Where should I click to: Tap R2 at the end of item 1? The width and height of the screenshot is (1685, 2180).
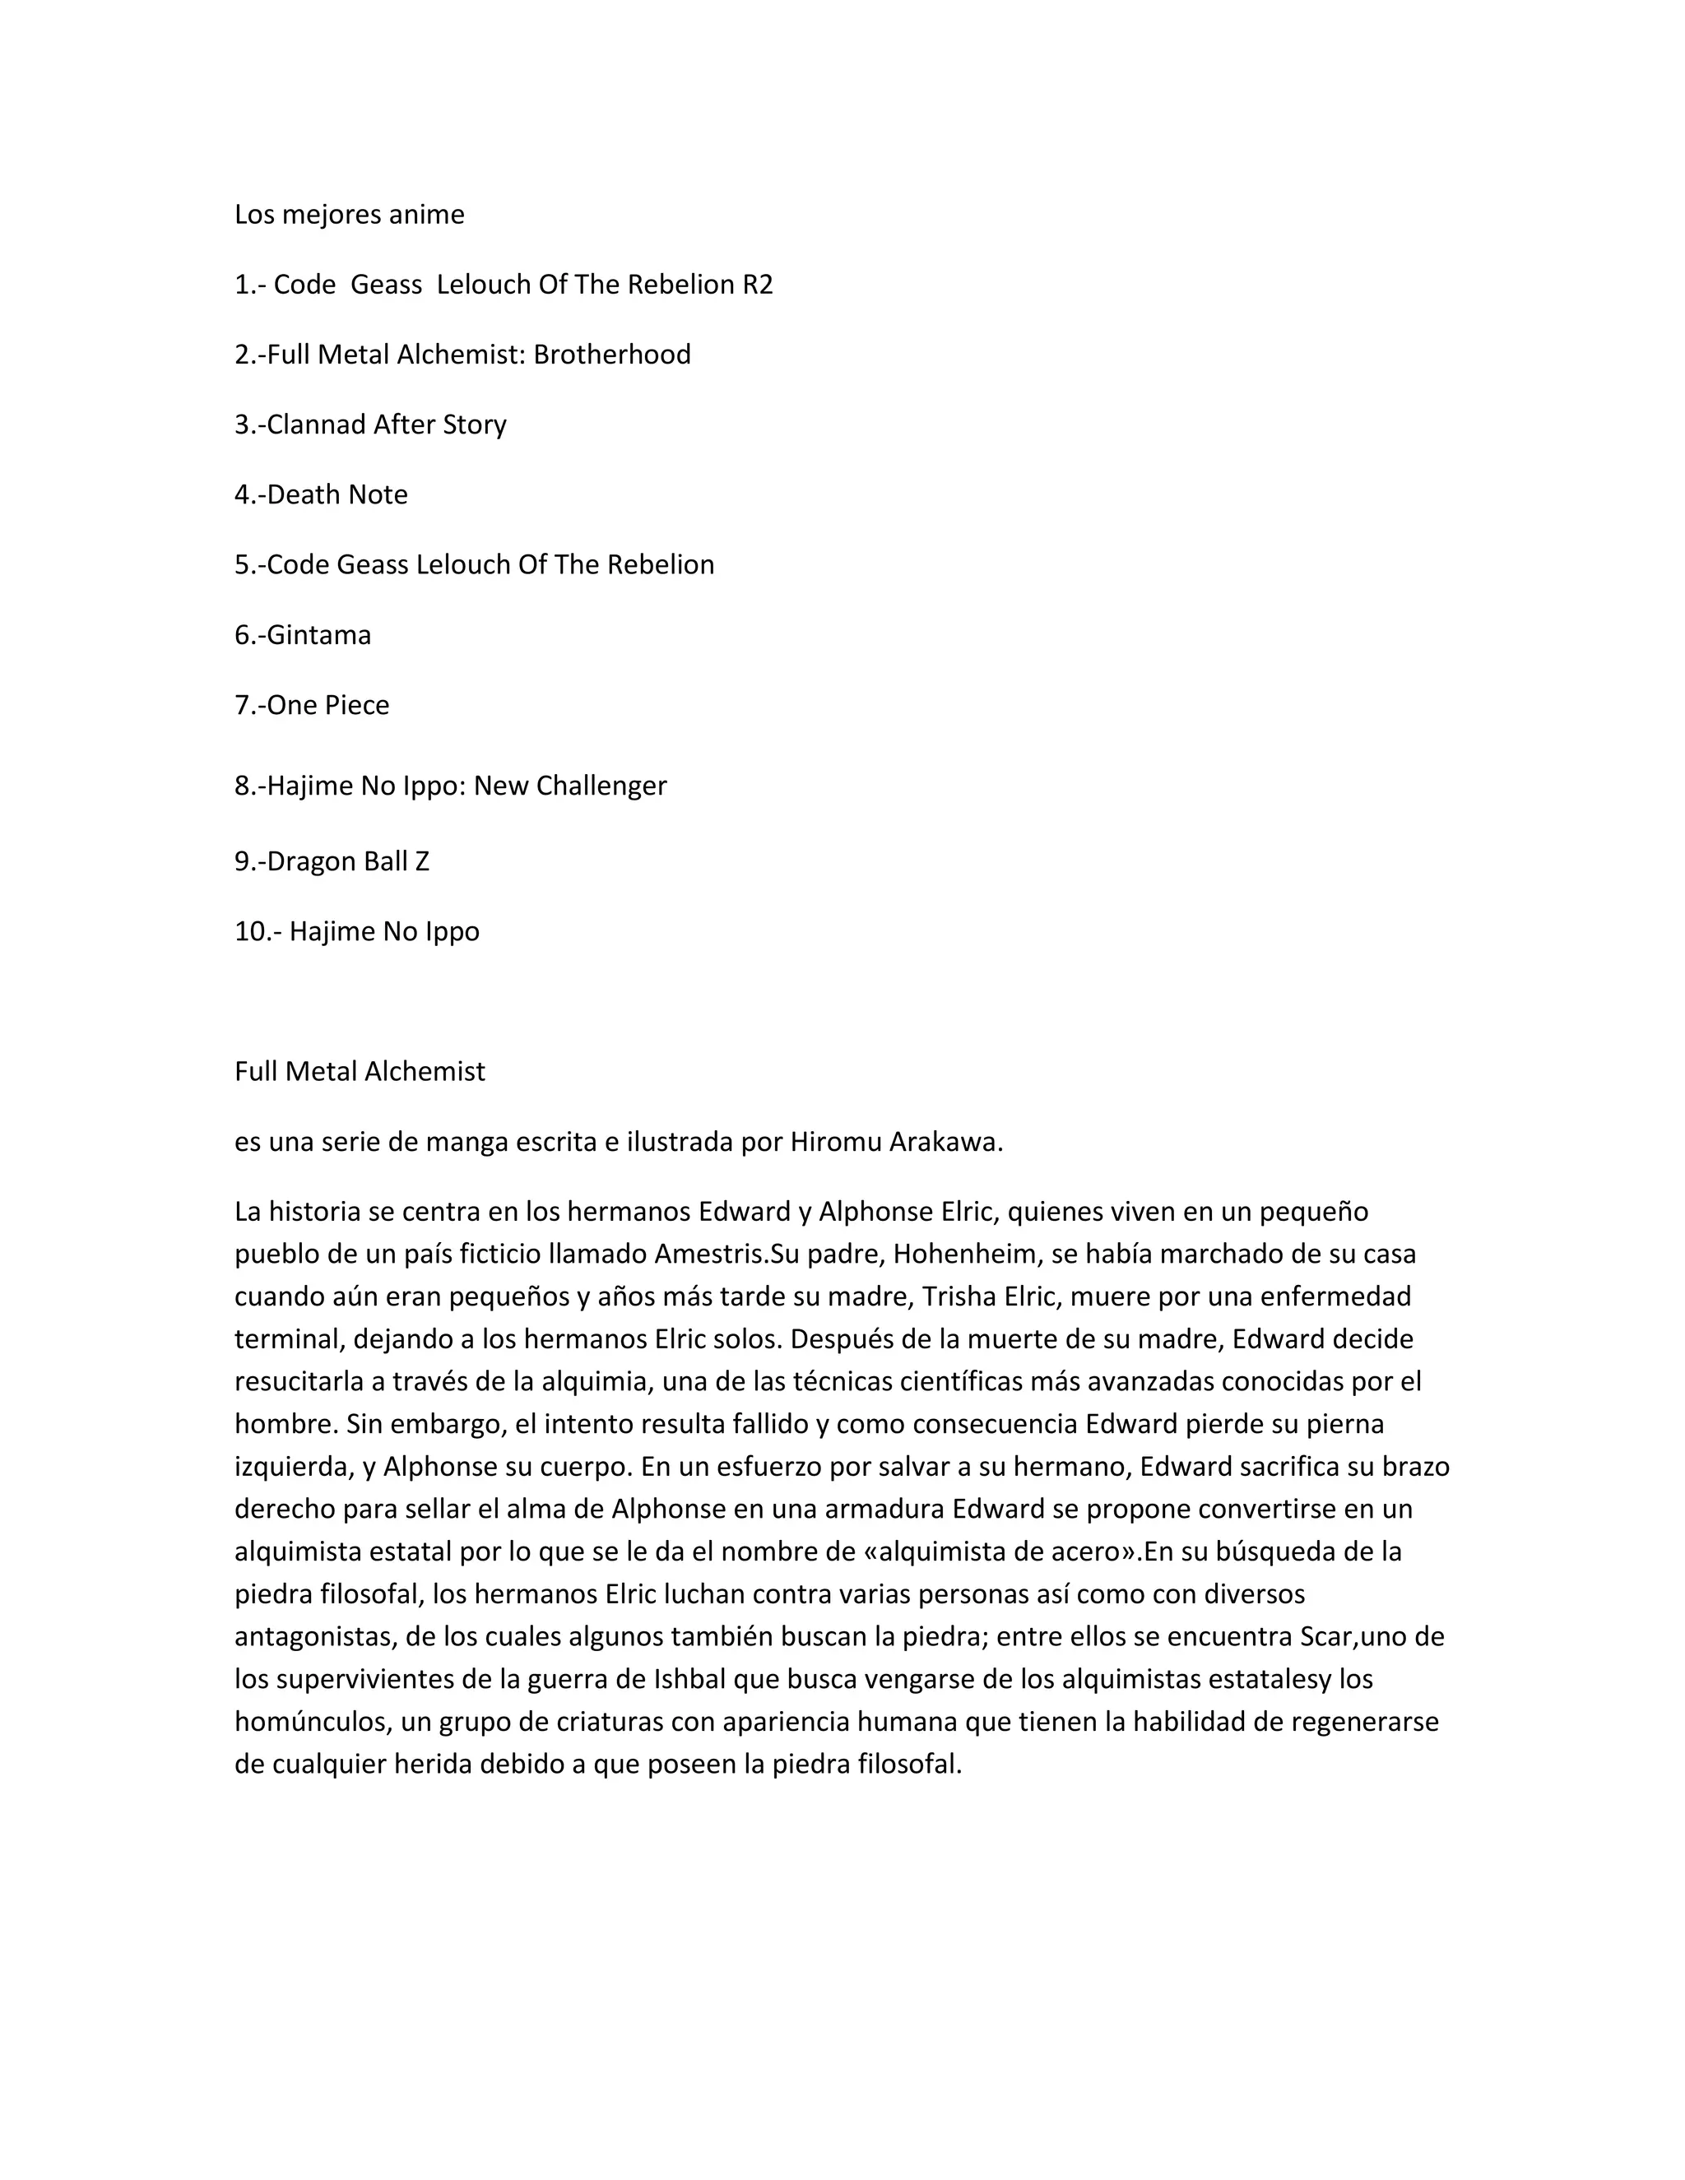[758, 285]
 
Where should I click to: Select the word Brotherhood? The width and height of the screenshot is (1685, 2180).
[612, 355]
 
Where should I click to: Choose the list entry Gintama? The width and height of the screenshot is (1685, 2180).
[318, 635]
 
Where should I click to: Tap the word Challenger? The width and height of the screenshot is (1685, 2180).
[601, 786]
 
